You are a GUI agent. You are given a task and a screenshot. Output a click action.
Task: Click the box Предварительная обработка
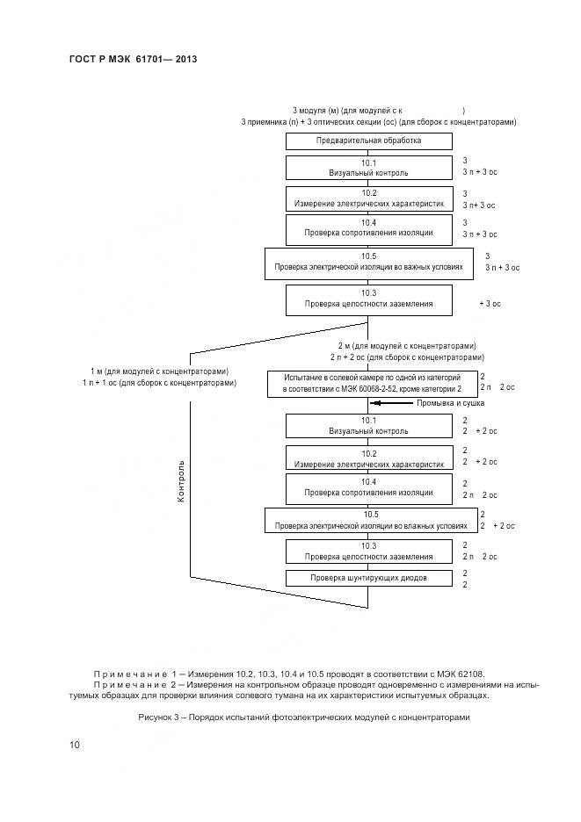point(368,141)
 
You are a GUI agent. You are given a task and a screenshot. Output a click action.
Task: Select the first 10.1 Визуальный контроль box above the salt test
point(368,168)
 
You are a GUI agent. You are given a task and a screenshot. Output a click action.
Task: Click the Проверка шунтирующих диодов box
point(368,578)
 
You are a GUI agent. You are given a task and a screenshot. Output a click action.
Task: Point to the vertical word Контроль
point(182,480)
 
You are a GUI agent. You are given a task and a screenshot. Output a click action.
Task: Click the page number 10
point(75,746)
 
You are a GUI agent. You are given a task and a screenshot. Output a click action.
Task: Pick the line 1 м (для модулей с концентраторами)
point(160,371)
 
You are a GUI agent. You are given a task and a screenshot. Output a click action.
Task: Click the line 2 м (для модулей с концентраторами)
point(407,346)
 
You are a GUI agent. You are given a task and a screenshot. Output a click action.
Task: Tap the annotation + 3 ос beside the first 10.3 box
point(490,303)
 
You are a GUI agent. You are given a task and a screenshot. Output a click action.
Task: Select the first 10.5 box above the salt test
point(368,263)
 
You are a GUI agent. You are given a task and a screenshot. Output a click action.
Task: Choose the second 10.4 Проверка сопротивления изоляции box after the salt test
point(368,487)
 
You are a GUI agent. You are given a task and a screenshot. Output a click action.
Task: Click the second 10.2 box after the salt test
point(368,458)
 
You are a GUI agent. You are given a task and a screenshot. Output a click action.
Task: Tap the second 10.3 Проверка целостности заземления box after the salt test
point(368,551)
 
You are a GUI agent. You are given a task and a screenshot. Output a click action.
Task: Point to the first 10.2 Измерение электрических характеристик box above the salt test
point(368,198)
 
